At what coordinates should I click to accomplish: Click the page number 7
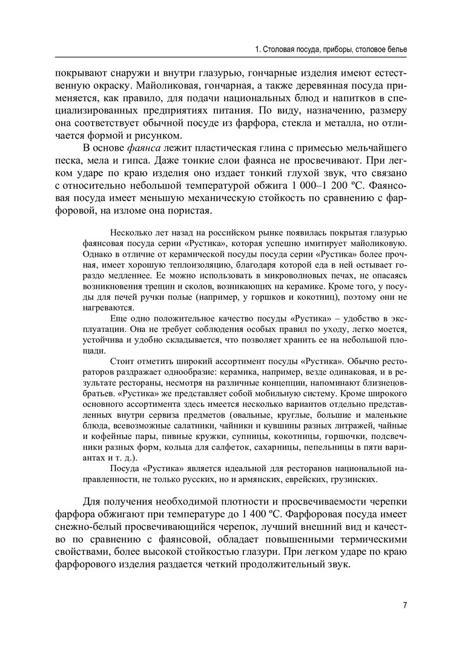click(x=404, y=605)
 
